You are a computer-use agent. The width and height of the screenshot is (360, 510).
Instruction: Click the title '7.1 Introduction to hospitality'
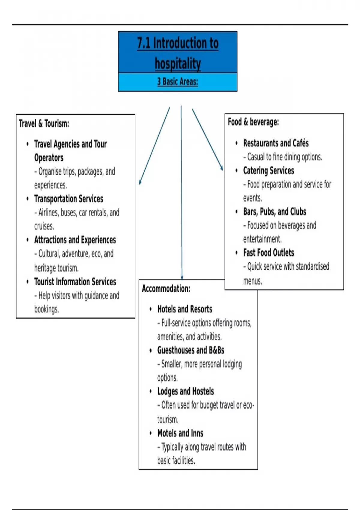(178, 53)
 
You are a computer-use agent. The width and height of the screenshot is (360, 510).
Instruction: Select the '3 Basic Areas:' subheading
(178, 82)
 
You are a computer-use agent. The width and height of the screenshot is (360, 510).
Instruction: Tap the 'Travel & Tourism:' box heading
(44, 123)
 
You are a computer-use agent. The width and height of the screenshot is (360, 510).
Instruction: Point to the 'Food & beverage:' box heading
(253, 122)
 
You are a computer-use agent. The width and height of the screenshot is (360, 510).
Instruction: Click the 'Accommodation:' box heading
(166, 289)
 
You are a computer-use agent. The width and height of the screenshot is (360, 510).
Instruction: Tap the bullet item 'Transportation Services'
(68, 199)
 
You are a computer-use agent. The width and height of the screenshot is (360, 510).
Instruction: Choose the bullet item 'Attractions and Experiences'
(75, 240)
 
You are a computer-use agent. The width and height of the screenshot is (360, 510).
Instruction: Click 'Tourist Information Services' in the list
(75, 282)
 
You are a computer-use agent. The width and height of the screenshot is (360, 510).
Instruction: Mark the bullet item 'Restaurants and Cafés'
(276, 143)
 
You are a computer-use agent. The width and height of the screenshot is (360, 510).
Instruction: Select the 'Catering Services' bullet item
(268, 170)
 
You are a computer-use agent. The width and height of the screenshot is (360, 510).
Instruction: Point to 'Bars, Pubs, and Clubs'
(274, 211)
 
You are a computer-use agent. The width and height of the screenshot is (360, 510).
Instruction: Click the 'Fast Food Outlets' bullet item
(268, 253)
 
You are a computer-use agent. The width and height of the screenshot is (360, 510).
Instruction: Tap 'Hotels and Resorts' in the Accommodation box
(184, 309)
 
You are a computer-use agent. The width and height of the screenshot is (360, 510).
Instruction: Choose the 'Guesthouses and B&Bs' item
(190, 350)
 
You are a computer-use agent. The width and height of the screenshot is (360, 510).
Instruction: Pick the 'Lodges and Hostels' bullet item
(185, 391)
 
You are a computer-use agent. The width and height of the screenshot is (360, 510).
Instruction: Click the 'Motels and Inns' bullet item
(180, 433)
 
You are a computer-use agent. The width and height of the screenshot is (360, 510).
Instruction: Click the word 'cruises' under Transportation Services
(44, 226)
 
